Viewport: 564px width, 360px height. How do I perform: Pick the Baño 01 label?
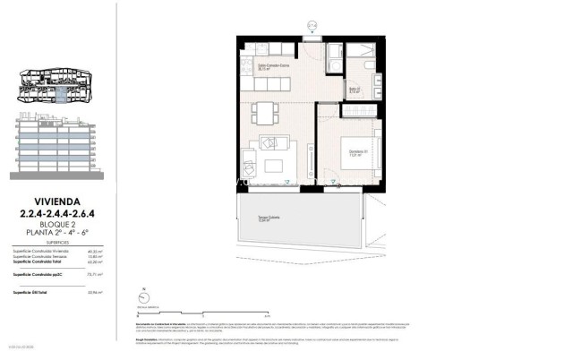point(355,90)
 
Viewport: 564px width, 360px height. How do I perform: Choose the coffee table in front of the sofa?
point(272,166)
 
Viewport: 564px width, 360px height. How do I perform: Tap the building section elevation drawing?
point(55,143)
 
